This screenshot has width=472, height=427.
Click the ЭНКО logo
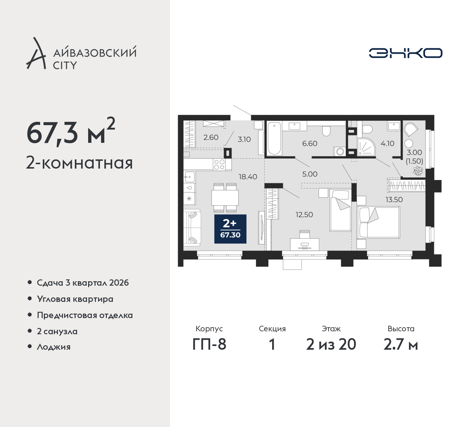[x=405, y=53]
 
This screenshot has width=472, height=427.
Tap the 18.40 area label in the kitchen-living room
[x=248, y=177]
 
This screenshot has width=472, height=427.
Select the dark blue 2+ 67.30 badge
[x=230, y=229]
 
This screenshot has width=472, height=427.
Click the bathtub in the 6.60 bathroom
[x=274, y=138]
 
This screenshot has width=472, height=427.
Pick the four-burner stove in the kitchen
[x=219, y=165]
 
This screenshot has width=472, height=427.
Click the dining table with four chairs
[x=225, y=198]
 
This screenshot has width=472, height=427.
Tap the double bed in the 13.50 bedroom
[x=378, y=222]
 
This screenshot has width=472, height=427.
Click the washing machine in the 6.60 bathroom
[x=340, y=152]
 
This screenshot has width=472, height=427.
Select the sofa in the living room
[x=192, y=228]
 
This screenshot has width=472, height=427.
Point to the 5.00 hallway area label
[x=310, y=174]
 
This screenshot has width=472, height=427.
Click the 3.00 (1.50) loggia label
[x=414, y=157]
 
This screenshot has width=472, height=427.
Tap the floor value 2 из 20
[x=331, y=344]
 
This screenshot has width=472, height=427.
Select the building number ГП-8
[x=209, y=344]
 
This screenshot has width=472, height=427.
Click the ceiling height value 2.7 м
[x=401, y=344]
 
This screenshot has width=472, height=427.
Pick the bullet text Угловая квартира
[x=75, y=299]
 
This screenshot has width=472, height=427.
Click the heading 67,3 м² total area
[x=71, y=131]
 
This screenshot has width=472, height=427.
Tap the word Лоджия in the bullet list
[x=53, y=347]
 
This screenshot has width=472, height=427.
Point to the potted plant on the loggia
[x=418, y=171]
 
